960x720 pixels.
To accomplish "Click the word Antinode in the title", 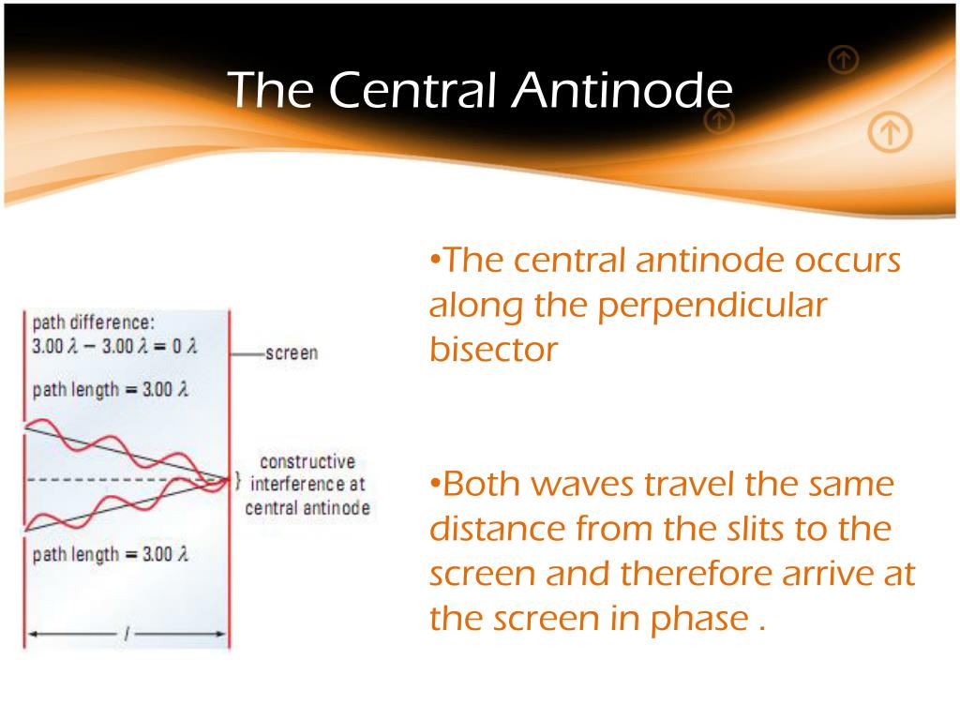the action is point(622,90).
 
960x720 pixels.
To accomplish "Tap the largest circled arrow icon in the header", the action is point(890,131).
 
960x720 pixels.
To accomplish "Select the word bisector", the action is point(493,350).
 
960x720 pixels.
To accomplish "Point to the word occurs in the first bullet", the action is point(847,262).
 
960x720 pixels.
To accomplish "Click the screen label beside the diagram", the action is point(292,353).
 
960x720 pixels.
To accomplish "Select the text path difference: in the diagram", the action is point(93,322).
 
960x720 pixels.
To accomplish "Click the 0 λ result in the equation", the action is point(185,347).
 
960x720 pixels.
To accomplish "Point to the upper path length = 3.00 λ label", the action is point(111,389).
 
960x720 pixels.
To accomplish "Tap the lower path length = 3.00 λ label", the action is point(111,555).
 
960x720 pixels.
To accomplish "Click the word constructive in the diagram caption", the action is point(307,461).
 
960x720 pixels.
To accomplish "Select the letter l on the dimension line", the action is point(127,634).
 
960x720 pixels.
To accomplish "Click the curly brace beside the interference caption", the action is point(238,481).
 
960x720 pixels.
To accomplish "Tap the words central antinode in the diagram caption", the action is point(307,507).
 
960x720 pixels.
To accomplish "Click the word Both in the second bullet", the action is point(483,484).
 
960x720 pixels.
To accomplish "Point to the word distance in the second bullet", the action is point(497,529).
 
